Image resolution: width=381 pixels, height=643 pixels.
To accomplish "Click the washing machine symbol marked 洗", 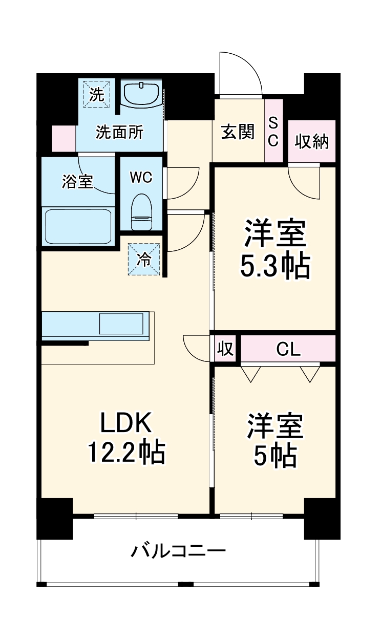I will (97, 94).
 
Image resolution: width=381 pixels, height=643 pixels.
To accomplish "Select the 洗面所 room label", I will (120, 133).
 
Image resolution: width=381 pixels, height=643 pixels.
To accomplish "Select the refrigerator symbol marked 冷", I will (144, 260).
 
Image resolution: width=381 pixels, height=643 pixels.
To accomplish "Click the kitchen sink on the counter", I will (121, 325).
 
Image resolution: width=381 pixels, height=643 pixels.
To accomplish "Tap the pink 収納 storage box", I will (311, 141).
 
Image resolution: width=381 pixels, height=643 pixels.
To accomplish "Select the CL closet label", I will (288, 349).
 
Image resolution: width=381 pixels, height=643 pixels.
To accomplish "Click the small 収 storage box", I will (225, 349).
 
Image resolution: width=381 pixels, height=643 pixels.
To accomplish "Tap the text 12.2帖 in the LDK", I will (126, 452).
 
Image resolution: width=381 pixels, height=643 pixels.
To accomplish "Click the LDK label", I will (126, 423).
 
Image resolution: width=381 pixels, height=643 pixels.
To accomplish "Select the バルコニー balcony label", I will (178, 551).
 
